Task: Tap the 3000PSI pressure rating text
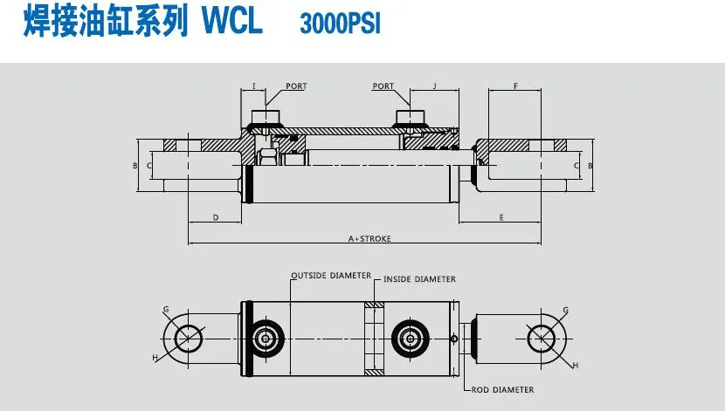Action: (340, 24)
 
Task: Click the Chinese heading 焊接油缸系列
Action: (104, 22)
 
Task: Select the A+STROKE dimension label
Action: (369, 238)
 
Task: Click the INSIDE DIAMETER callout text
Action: (419, 279)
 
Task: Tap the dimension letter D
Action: (215, 216)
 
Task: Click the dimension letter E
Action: (501, 216)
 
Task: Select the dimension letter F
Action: (516, 86)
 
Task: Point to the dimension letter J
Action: (434, 86)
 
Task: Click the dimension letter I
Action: (253, 86)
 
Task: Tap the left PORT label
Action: (296, 86)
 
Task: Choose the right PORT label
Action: (383, 86)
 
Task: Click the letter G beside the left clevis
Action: (165, 309)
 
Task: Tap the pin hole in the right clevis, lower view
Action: (545, 337)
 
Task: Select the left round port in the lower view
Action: (266, 338)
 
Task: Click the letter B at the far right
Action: (590, 164)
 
